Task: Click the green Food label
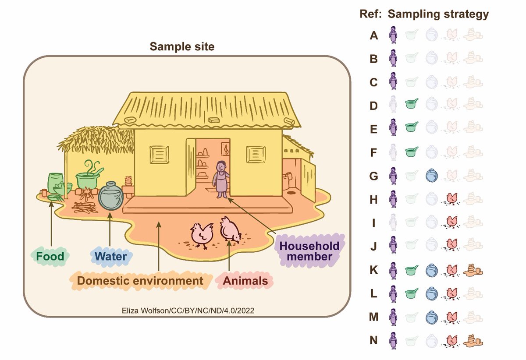[50, 256]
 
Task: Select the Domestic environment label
[138, 281]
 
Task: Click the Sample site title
[182, 46]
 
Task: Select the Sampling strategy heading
[438, 14]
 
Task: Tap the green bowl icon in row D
[411, 103]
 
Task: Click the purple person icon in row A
[393, 35]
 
